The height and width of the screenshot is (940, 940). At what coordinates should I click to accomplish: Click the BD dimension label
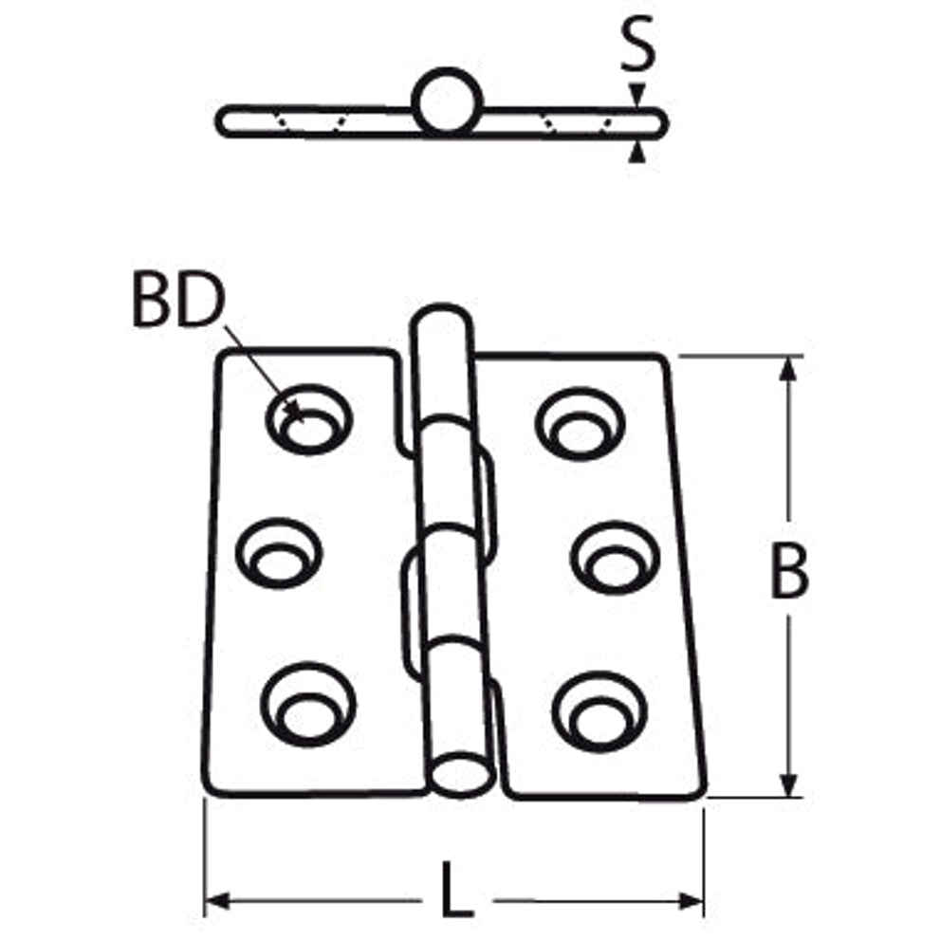[x=178, y=299]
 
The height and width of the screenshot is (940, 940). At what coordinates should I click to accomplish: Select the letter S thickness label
[x=637, y=44]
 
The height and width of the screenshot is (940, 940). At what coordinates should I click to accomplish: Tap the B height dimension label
[x=789, y=570]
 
